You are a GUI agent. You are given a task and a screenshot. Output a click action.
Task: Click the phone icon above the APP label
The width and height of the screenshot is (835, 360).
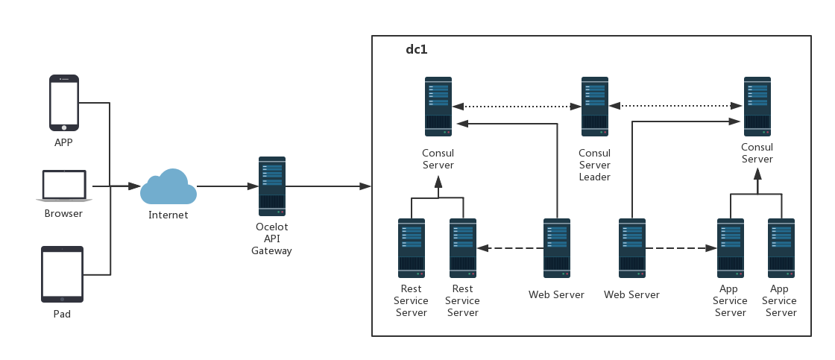pyautogui.click(x=64, y=102)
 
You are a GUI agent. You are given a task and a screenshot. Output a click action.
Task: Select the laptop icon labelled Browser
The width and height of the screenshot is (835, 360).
pyautogui.click(x=64, y=186)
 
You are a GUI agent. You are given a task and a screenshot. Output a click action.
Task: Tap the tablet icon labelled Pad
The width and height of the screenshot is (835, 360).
pyautogui.click(x=62, y=274)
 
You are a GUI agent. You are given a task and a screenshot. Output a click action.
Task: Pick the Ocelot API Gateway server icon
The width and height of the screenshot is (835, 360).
pyautogui.click(x=272, y=186)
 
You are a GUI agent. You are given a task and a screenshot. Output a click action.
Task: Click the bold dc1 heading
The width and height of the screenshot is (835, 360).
pyautogui.click(x=416, y=49)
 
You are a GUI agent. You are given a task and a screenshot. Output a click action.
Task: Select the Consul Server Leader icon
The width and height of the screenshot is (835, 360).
pyautogui.click(x=594, y=107)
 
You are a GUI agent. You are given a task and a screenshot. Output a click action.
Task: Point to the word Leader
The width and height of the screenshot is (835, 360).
pyautogui.click(x=594, y=177)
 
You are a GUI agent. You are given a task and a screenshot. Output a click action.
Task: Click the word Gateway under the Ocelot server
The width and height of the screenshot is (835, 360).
pyautogui.click(x=271, y=251)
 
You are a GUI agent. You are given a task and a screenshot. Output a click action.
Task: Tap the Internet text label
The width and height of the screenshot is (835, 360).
pyautogui.click(x=168, y=215)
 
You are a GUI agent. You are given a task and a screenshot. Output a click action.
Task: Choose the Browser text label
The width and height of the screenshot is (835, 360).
pyautogui.click(x=63, y=213)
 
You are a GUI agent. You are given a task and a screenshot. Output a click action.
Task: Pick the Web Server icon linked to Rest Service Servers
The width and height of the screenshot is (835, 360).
pyautogui.click(x=557, y=247)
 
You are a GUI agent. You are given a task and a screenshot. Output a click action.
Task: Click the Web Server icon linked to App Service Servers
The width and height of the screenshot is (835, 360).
pyautogui.click(x=632, y=247)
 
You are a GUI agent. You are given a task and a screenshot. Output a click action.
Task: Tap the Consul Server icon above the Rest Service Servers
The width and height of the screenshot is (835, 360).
pyautogui.click(x=438, y=107)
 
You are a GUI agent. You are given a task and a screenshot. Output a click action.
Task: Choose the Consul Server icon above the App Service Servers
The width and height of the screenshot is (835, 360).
pyautogui.click(x=757, y=107)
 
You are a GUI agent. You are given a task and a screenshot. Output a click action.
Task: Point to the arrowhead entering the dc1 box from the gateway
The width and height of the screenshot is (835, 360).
pyautogui.click(x=365, y=186)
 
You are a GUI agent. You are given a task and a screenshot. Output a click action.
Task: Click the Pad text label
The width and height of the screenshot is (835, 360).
pyautogui.click(x=62, y=314)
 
